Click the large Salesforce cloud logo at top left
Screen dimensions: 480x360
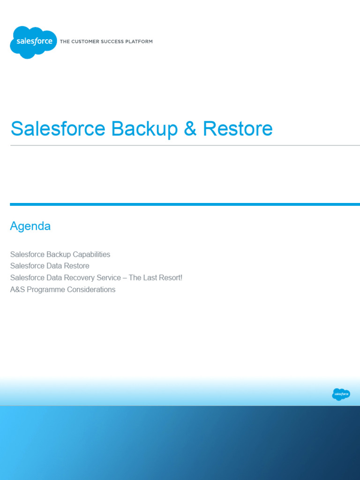point(33,42)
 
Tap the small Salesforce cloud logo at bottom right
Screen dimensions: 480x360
point(341,394)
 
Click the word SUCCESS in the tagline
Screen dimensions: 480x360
point(109,42)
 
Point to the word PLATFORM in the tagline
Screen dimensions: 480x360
point(138,42)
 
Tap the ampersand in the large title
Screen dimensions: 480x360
point(190,129)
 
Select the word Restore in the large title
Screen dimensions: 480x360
point(238,129)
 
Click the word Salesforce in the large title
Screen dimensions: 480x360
point(58,129)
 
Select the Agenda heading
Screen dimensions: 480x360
point(30,226)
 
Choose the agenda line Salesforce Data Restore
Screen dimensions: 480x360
point(50,266)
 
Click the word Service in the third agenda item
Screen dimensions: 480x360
point(107,278)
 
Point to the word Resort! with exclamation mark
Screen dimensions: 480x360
point(169,278)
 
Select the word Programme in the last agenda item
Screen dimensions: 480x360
point(46,290)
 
